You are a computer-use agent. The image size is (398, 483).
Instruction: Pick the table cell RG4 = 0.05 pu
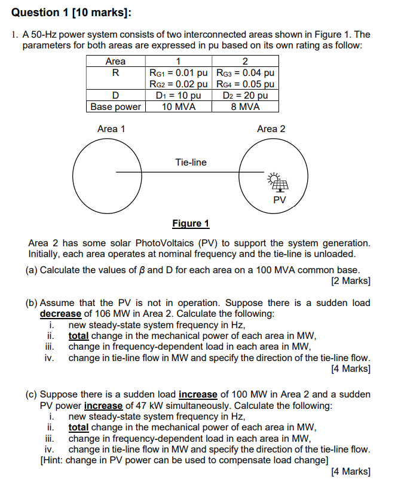point(245,84)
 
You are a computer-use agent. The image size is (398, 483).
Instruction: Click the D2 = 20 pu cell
point(245,96)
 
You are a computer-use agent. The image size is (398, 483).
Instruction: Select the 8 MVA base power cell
point(245,107)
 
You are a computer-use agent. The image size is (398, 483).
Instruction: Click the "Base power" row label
point(116,107)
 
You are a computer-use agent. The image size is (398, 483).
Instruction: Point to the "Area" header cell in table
point(115,62)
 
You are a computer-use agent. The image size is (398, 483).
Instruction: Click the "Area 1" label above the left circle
point(111,129)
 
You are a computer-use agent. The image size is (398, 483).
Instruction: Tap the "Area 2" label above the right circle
point(271,129)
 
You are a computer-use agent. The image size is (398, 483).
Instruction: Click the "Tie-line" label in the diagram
point(191,162)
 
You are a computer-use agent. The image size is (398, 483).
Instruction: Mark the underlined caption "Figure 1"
point(191,224)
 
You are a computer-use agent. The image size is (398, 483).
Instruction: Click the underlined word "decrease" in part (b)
point(60,314)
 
